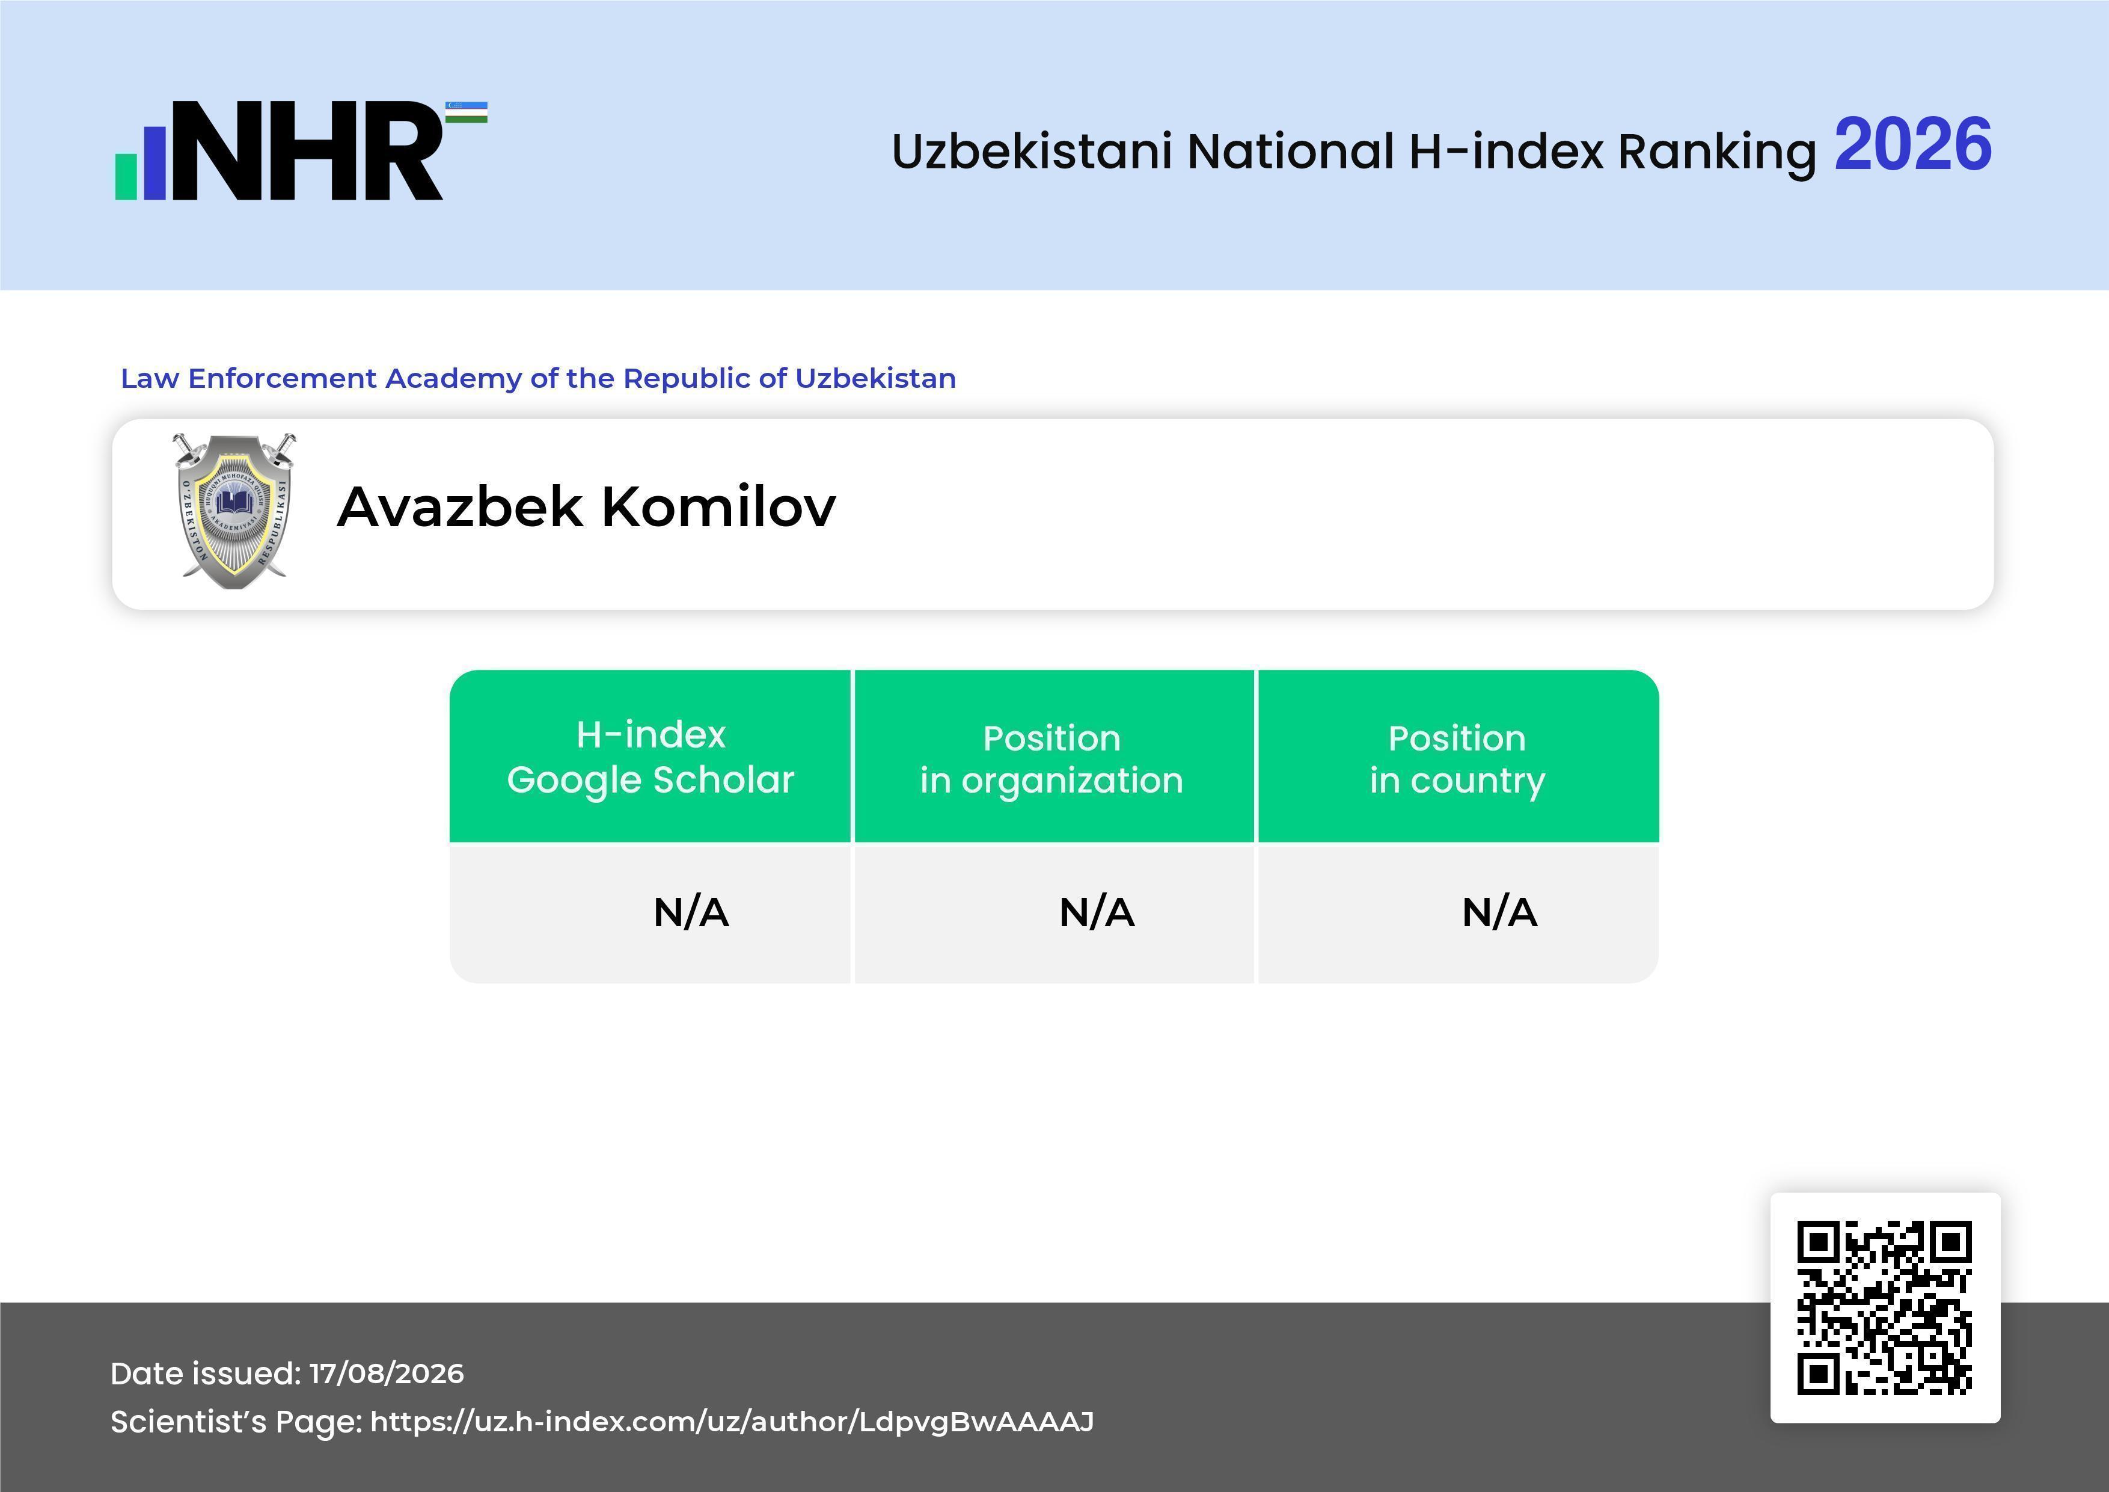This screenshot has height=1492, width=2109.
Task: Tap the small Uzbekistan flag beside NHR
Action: [x=467, y=112]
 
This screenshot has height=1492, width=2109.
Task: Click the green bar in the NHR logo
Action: [x=126, y=176]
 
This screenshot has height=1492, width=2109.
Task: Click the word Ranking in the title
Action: [x=1717, y=152]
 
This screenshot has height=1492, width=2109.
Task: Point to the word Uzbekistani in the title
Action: [x=1032, y=151]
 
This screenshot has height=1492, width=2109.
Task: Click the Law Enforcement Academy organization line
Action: [x=538, y=378]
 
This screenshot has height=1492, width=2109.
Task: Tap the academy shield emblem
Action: [x=234, y=511]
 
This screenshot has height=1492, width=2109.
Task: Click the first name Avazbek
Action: [x=460, y=506]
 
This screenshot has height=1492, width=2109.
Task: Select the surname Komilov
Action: [x=719, y=506]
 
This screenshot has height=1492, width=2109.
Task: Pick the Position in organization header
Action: [x=1051, y=759]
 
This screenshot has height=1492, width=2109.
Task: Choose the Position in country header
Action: [x=1457, y=759]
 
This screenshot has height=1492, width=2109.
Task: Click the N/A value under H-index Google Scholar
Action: [x=691, y=912]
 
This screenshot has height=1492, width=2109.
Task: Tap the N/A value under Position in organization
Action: [x=1097, y=912]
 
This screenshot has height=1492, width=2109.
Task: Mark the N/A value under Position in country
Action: [x=1499, y=912]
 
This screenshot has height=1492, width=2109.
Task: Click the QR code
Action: [x=1885, y=1307]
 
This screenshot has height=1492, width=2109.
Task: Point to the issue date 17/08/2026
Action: [x=387, y=1374]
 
